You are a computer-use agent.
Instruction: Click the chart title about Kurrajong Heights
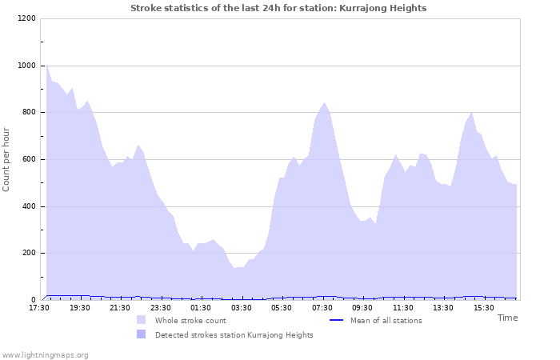pyautogui.click(x=278, y=8)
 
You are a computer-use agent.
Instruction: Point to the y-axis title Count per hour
pyautogui.click(x=7, y=159)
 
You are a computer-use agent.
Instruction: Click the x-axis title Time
pyautogui.click(x=507, y=318)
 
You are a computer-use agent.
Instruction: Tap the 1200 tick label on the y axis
pyautogui.click(x=26, y=18)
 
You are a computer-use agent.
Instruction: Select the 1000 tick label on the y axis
pyautogui.click(x=26, y=66)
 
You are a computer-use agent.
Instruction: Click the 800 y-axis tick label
pyautogui.click(x=29, y=113)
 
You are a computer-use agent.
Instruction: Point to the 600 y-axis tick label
pyautogui.click(x=29, y=159)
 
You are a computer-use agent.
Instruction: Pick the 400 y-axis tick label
pyautogui.click(x=29, y=206)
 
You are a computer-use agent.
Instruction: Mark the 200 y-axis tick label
pyautogui.click(x=29, y=254)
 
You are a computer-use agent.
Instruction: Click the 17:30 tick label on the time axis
pyautogui.click(x=39, y=308)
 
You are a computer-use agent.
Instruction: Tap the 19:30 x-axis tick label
pyautogui.click(x=80, y=308)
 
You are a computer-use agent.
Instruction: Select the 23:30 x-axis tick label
pyautogui.click(x=161, y=308)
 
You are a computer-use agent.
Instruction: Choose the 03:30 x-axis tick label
pyautogui.click(x=242, y=308)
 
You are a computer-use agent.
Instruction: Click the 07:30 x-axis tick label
pyautogui.click(x=322, y=308)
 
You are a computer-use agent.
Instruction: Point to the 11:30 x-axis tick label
pyautogui.click(x=403, y=308)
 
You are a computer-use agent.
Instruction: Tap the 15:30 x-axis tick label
pyautogui.click(x=484, y=308)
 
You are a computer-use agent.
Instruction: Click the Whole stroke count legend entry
pyautogui.click(x=190, y=321)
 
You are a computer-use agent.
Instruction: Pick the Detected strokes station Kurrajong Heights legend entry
pyautogui.click(x=234, y=335)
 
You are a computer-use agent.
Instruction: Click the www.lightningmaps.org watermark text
pyautogui.click(x=46, y=354)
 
